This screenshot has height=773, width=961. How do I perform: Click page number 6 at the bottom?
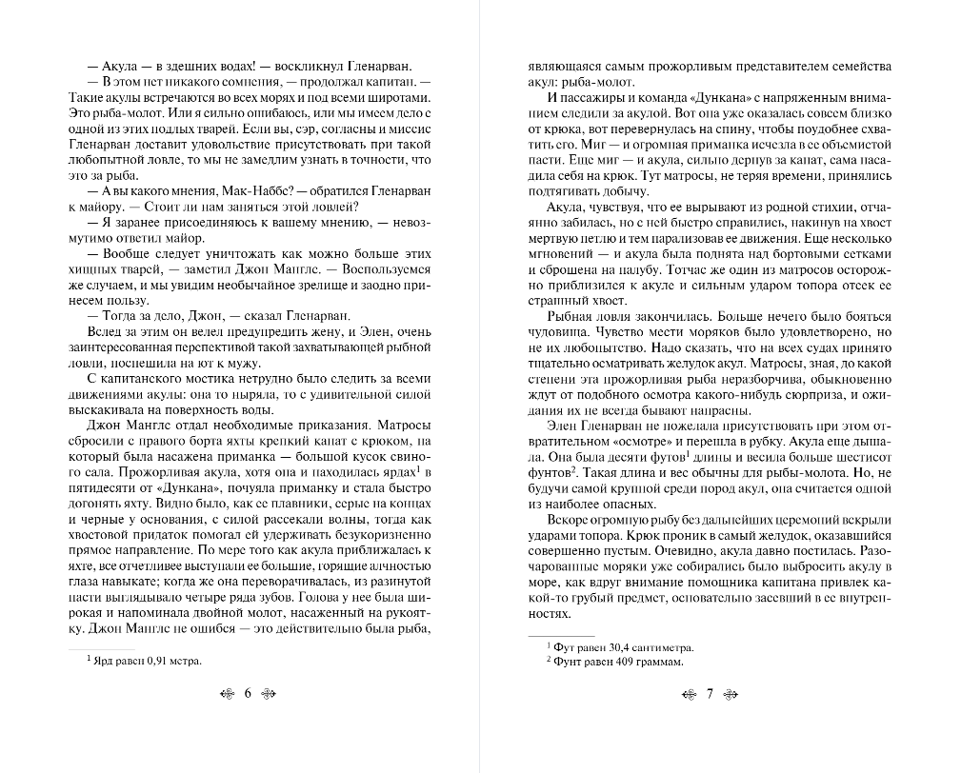[248, 693]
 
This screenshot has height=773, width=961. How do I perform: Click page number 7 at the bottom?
[710, 693]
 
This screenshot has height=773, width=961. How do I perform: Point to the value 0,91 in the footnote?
[152, 659]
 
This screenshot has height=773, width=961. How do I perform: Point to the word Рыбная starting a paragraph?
[569, 316]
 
